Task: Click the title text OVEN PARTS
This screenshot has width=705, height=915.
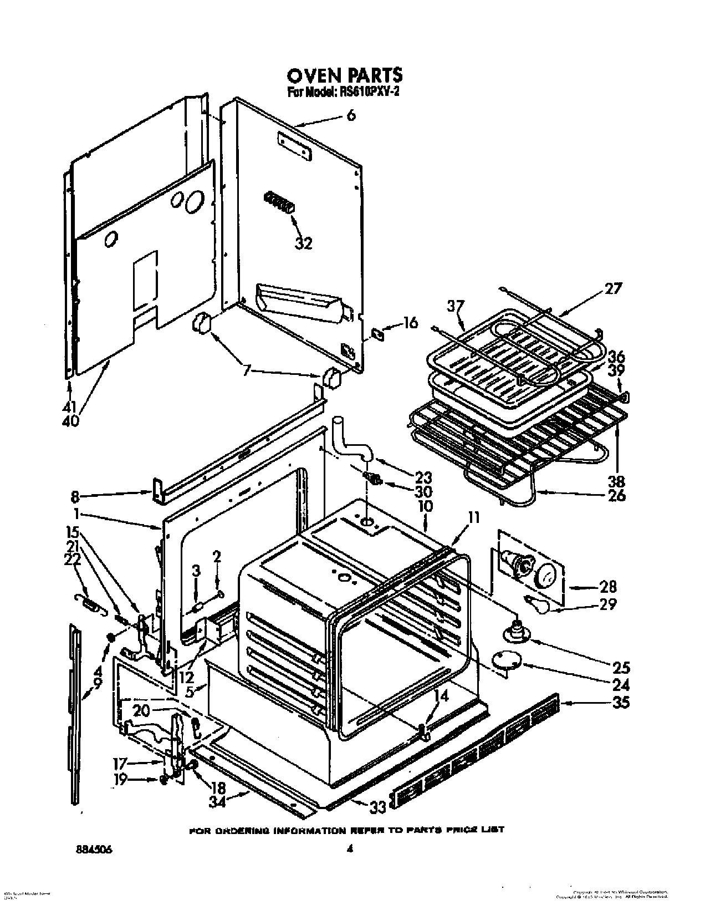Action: pos(344,75)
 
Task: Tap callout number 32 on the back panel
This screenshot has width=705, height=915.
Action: pos(303,242)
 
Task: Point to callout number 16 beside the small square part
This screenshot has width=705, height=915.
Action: pos(410,323)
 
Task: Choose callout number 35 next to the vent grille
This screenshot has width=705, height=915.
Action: pos(622,702)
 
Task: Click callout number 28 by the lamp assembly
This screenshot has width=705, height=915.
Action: pos(607,587)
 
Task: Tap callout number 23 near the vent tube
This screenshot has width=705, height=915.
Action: pos(423,477)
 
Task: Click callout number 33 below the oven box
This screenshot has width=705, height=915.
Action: pos(379,808)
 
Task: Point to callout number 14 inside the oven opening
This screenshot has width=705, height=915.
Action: pos(442,697)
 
